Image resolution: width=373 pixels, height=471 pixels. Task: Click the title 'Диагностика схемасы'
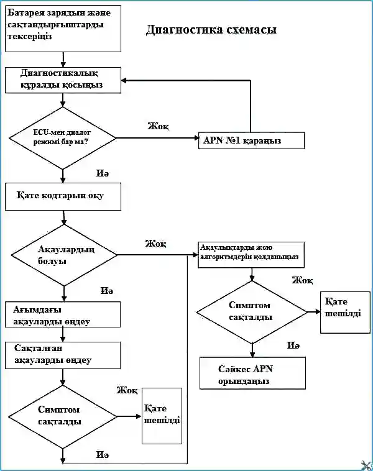pyautogui.click(x=211, y=29)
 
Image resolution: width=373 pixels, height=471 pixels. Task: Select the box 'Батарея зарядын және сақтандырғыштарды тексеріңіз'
pyautogui.click(x=63, y=29)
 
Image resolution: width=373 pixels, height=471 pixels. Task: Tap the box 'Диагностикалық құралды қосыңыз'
pyautogui.click(x=63, y=80)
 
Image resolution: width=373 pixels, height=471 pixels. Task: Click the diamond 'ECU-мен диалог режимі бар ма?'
pyautogui.click(x=63, y=138)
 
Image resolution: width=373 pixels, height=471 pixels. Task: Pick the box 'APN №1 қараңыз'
pyautogui.click(x=251, y=140)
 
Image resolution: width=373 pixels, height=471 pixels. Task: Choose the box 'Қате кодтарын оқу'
pyautogui.click(x=63, y=196)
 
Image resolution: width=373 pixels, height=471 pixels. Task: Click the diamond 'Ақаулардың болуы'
pyautogui.click(x=64, y=255)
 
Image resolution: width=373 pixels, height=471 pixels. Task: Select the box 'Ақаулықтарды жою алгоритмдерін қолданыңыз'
pyautogui.click(x=251, y=255)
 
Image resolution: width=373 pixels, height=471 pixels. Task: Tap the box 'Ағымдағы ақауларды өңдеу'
pyautogui.click(x=63, y=314)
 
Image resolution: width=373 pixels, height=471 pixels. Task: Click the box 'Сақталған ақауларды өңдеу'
pyautogui.click(x=63, y=355)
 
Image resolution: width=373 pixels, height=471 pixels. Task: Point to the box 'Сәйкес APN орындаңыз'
pyautogui.click(x=253, y=373)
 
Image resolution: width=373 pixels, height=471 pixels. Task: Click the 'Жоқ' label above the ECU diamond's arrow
pyautogui.click(x=158, y=126)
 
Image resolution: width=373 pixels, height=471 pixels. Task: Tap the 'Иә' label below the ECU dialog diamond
pyautogui.click(x=103, y=173)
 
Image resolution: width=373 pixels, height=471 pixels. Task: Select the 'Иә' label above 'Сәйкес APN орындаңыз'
pyautogui.click(x=293, y=345)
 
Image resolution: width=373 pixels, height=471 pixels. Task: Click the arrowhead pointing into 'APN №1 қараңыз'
pyautogui.click(x=196, y=138)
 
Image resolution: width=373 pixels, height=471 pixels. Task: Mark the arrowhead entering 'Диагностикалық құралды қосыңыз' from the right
pyautogui.click(x=124, y=80)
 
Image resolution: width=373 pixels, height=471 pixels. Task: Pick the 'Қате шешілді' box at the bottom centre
pyautogui.click(x=162, y=416)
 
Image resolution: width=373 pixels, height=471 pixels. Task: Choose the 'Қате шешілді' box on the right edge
pyautogui.click(x=345, y=313)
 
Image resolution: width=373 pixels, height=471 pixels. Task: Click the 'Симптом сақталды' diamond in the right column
pyautogui.click(x=252, y=312)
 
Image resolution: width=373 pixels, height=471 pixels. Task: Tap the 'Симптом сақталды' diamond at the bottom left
pyautogui.click(x=63, y=417)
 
